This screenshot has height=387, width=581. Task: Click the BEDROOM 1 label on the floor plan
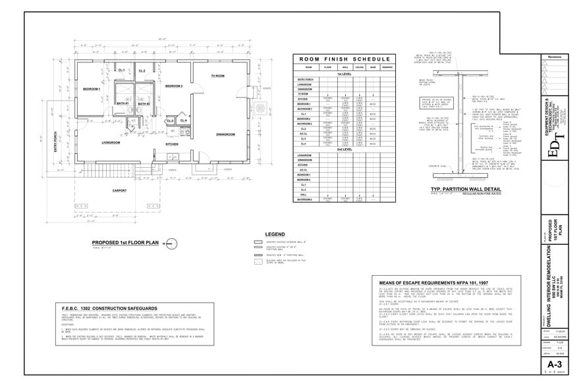coord(91,88)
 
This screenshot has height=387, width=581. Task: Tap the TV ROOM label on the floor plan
coord(217,76)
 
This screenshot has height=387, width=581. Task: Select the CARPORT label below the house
coord(119,191)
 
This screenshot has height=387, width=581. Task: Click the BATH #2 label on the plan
coord(144,103)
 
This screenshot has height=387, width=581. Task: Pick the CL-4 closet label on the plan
coord(184,120)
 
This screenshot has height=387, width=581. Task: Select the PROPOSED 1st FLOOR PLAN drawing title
coord(125,243)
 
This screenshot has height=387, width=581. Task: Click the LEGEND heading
coord(274,234)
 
